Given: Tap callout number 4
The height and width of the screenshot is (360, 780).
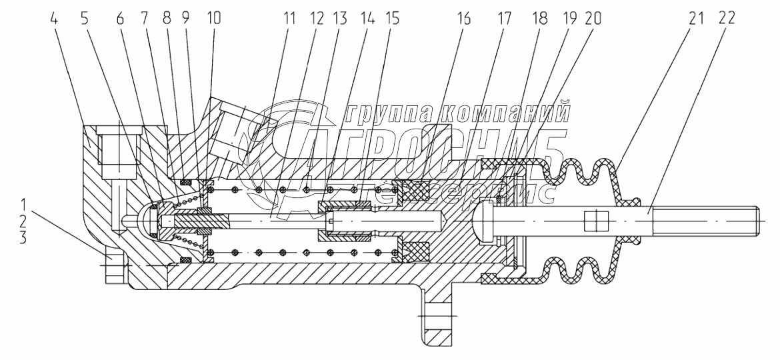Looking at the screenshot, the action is (x=55, y=19).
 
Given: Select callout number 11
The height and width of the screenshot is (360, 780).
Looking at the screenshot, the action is (x=289, y=19).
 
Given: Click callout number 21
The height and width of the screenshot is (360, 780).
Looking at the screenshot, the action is (x=697, y=19).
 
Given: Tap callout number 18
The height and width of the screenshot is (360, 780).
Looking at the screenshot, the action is (x=539, y=19).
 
